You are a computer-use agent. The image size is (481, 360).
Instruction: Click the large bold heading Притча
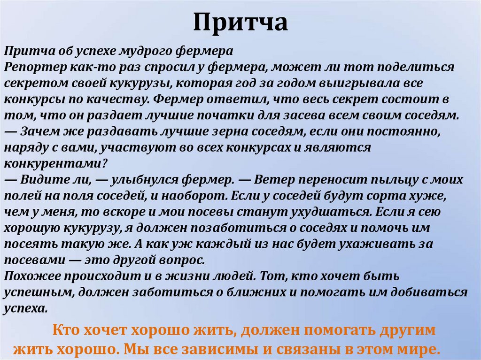pos(240,23)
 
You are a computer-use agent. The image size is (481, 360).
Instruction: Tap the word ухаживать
pos(375,244)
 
